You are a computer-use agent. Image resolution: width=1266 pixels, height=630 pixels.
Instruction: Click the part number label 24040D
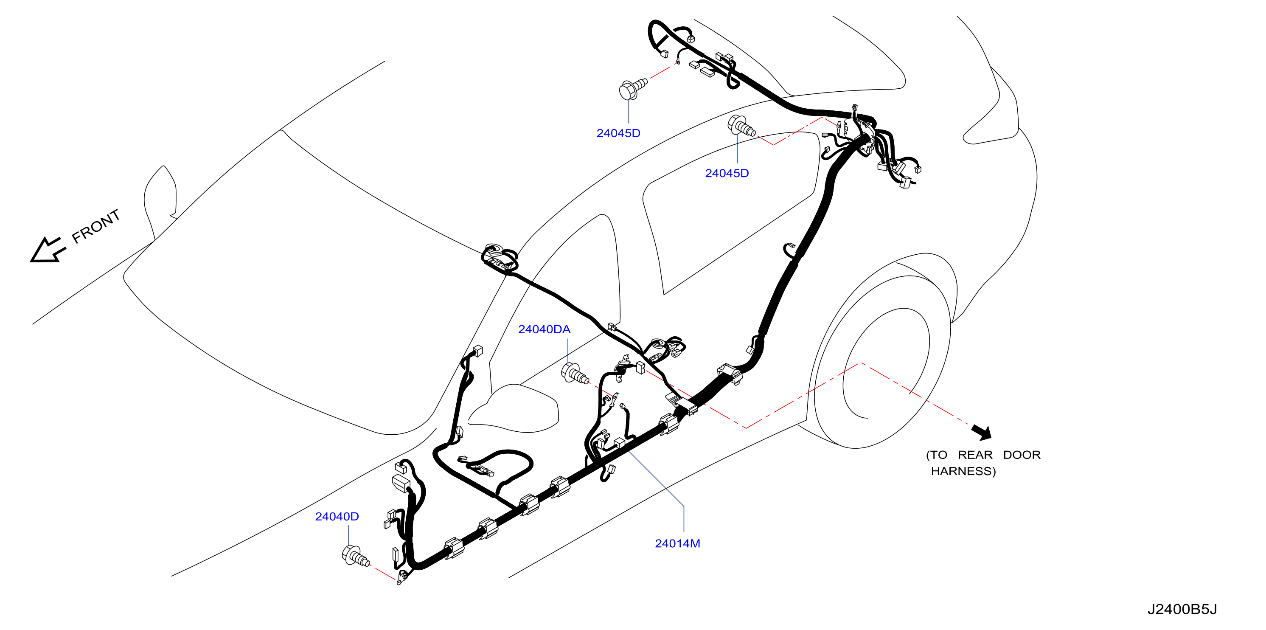tap(337, 517)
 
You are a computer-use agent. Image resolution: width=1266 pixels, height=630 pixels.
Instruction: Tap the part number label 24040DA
tap(544, 329)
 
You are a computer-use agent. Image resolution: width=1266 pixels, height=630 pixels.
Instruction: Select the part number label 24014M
tap(677, 543)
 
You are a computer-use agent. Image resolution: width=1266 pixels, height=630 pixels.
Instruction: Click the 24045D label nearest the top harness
tap(618, 133)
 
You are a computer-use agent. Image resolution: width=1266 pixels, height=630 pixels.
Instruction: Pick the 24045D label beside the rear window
tap(727, 173)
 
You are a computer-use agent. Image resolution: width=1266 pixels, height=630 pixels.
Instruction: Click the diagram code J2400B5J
tap(1182, 609)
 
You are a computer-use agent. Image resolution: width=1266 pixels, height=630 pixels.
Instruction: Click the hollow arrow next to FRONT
tap(47, 250)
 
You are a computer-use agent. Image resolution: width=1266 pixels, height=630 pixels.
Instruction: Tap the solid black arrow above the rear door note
tap(982, 432)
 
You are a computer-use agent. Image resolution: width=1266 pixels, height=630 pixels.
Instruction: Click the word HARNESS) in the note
tap(963, 471)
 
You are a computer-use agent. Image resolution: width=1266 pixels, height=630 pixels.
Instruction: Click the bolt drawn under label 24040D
tap(355, 556)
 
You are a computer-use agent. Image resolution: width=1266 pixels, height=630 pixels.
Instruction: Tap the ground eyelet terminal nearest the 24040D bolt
tap(402, 578)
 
